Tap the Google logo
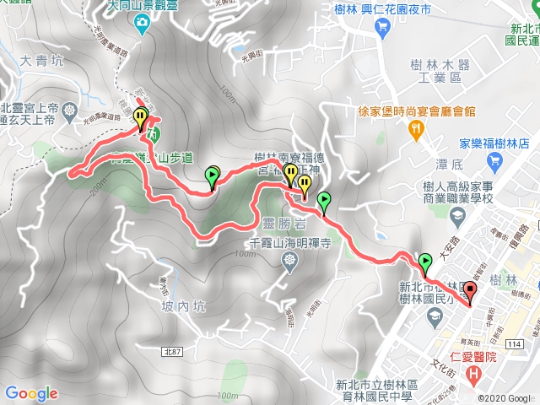tap(31, 393)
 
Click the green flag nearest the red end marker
tap(424, 262)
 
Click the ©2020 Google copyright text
tap(505, 397)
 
